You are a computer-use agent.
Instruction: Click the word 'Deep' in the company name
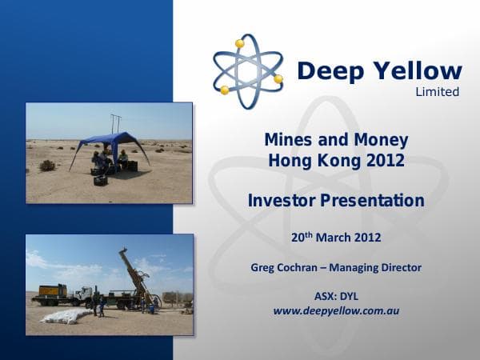[329, 71]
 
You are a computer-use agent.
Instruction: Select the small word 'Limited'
[438, 92]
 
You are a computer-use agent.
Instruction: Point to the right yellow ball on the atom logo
[278, 79]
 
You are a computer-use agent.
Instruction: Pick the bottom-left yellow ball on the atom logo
[225, 90]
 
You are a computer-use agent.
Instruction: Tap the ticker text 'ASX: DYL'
[336, 296]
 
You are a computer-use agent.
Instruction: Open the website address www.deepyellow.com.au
[336, 310]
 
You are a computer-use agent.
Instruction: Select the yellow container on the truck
[50, 291]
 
